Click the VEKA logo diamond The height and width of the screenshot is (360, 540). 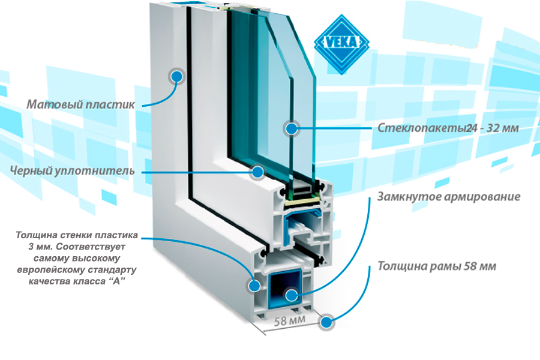[x=341, y=44]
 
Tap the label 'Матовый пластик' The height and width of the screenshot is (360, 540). [x=80, y=104]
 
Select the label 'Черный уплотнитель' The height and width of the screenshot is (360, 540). [x=73, y=170]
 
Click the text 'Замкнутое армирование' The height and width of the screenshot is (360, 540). [x=449, y=197]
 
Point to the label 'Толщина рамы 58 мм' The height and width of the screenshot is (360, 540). [x=437, y=266]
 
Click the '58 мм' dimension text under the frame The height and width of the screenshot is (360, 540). [x=290, y=321]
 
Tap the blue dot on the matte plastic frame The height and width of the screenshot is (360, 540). [x=177, y=76]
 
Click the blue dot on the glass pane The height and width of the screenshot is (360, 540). [x=292, y=128]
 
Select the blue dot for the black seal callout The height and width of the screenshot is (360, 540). [x=257, y=172]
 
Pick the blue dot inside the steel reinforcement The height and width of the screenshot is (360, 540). [x=292, y=295]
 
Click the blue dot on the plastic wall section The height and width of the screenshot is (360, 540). [x=254, y=286]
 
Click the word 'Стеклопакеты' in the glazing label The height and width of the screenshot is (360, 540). [x=422, y=128]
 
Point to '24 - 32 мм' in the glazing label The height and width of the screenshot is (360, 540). [x=493, y=128]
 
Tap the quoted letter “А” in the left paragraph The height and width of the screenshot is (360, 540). [x=116, y=281]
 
